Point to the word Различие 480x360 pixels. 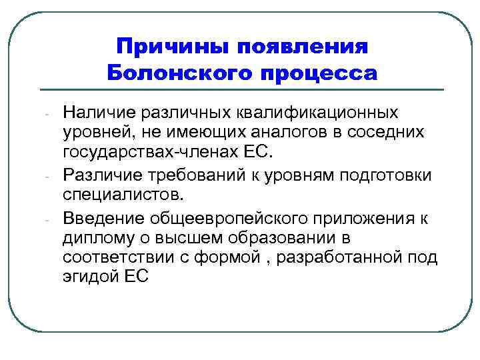[x=98, y=175]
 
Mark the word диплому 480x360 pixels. [x=93, y=237]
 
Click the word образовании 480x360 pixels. [x=283, y=237]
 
